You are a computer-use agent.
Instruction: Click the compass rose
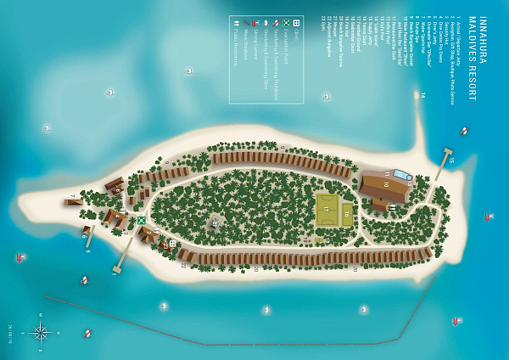coord(39,331)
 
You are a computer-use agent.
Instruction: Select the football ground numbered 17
coord(327,210)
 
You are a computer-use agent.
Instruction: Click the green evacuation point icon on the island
coord(142,220)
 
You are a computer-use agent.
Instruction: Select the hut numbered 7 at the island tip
coord(73,201)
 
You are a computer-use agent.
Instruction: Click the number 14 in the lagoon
coord(422,95)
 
